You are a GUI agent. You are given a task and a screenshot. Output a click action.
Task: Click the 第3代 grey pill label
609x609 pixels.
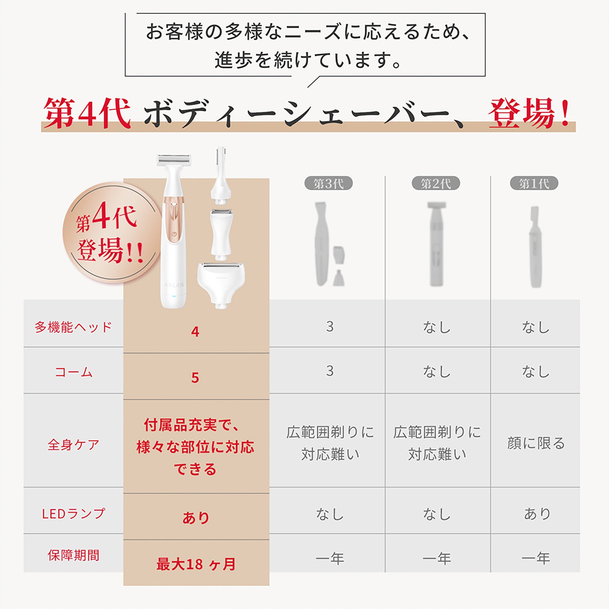[x=328, y=183]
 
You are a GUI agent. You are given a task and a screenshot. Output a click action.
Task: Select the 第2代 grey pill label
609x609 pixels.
[x=436, y=183]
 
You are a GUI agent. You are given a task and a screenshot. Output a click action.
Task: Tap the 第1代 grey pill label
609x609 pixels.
[x=534, y=183]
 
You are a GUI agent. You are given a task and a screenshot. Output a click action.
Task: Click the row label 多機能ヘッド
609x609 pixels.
[x=73, y=327]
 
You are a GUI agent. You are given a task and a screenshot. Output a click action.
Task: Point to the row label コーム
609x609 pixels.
[x=73, y=372]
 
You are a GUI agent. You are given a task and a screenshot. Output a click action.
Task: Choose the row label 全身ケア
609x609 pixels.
[x=73, y=444]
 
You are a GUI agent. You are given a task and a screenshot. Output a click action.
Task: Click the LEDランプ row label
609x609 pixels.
[x=73, y=513]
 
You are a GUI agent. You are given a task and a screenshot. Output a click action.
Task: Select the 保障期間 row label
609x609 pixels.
[x=73, y=555]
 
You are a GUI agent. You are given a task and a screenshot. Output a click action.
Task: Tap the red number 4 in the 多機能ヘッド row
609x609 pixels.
[x=195, y=332]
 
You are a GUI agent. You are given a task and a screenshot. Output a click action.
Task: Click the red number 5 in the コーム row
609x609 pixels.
[x=195, y=378]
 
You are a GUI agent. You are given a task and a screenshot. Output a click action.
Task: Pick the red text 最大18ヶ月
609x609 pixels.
[x=196, y=564]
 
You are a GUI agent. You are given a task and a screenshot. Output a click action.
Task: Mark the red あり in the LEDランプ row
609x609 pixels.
[x=196, y=518]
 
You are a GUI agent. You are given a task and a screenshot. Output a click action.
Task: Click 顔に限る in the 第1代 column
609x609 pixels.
[x=536, y=443]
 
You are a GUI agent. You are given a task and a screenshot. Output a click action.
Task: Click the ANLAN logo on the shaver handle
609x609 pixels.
[x=174, y=285]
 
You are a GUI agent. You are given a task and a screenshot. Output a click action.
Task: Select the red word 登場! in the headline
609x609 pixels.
[x=529, y=113]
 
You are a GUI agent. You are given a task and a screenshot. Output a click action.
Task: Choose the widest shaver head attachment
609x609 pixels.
[x=221, y=282]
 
